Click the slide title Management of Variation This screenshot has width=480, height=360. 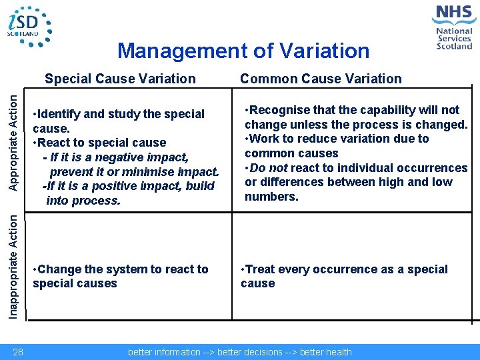click(243, 51)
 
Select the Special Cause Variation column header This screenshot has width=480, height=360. click(120, 79)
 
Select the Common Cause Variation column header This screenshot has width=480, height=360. click(321, 79)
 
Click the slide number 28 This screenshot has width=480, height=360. click(18, 352)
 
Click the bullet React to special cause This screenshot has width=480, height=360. click(100, 143)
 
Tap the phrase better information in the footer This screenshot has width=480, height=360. click(164, 352)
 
